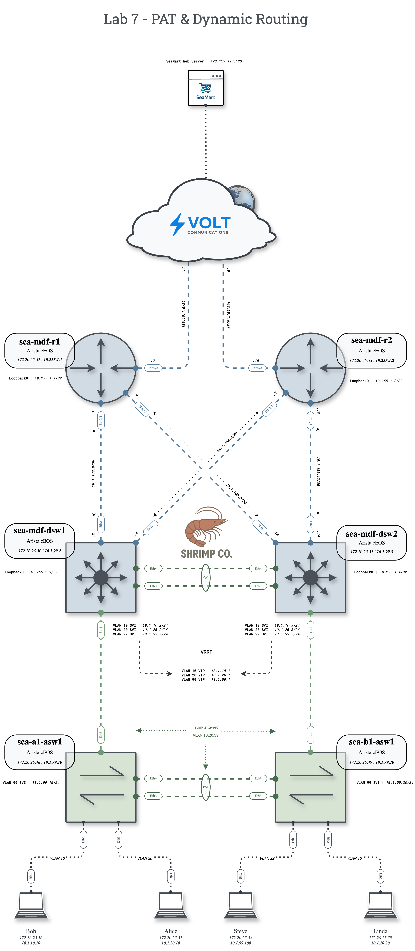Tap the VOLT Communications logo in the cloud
click(201, 224)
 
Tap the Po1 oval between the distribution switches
click(206, 577)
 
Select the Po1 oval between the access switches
click(206, 787)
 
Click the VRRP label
click(206, 652)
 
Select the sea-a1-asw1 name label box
click(39, 752)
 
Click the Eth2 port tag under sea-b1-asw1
click(328, 840)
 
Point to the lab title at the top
click(206, 19)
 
